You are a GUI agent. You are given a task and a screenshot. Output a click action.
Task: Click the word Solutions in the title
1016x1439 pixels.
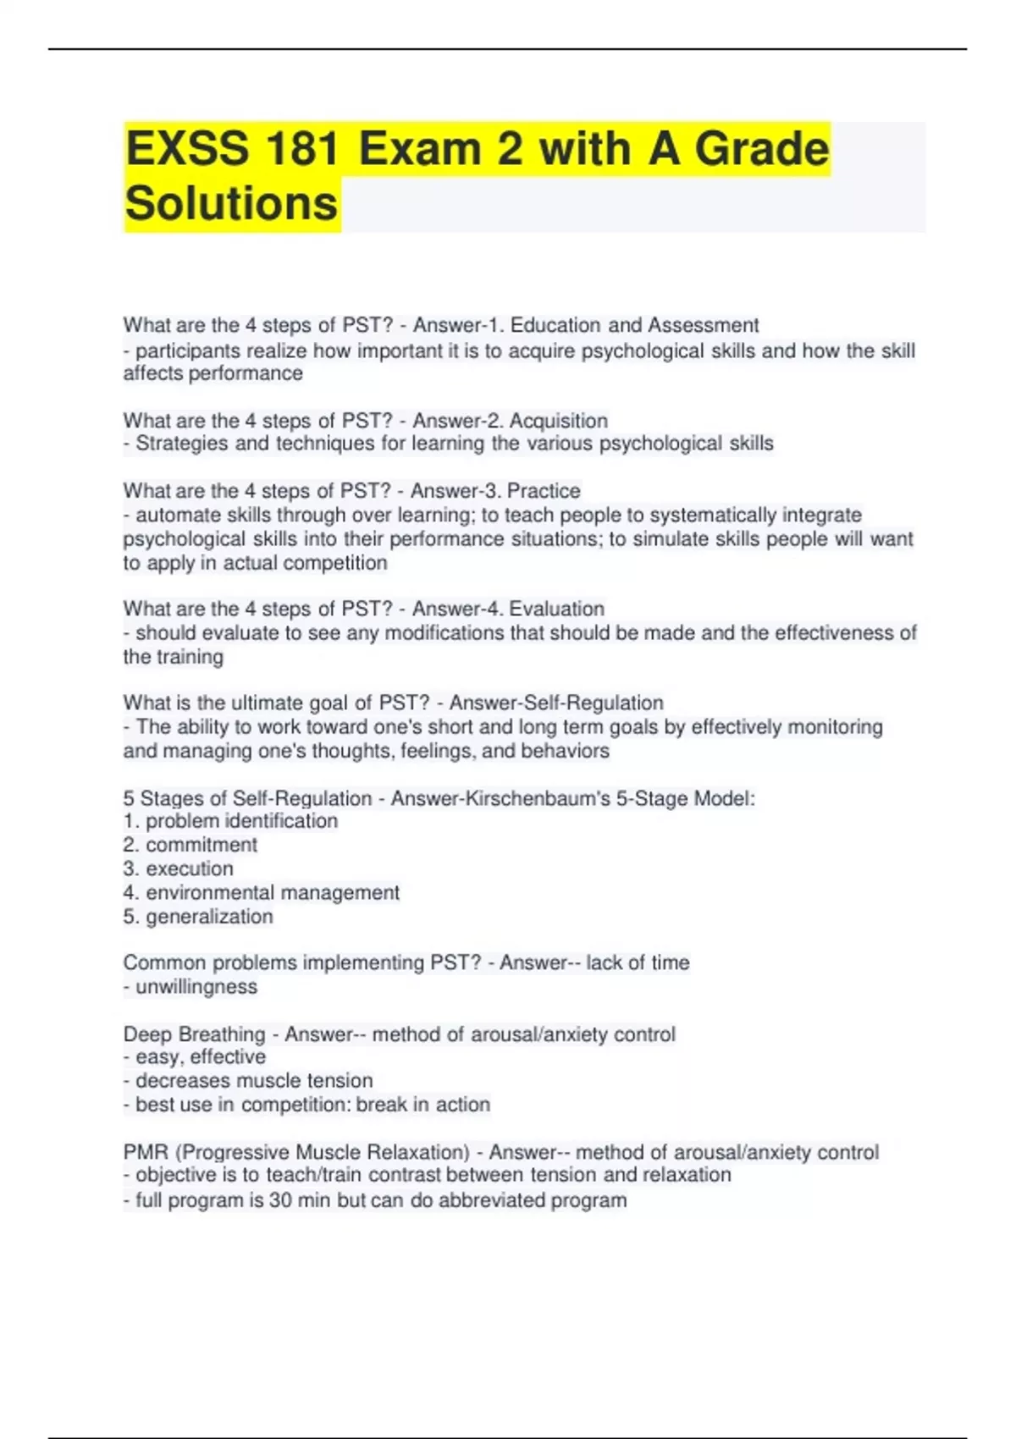pos(231,204)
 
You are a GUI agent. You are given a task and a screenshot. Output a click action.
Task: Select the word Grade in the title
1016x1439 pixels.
pos(762,149)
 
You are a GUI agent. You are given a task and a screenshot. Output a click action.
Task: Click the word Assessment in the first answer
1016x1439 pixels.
pos(703,326)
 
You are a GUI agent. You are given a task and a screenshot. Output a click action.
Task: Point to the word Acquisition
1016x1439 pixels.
pos(559,421)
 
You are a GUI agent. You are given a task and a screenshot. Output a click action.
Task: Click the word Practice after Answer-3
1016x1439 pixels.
pos(544,491)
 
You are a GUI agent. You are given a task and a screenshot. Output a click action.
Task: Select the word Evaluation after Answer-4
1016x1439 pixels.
pos(556,609)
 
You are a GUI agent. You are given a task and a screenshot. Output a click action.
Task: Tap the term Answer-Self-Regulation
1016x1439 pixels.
pos(556,703)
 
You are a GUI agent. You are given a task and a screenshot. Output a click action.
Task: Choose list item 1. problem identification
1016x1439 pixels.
pos(230,821)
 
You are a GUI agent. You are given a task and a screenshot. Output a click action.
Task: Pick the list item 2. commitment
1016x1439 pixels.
pos(190,845)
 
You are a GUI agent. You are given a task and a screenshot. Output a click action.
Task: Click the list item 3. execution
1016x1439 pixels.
pos(179,868)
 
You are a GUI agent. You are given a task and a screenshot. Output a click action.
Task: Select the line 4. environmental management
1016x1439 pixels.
pos(262,892)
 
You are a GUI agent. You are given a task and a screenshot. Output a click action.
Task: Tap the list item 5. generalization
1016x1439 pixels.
pos(198,916)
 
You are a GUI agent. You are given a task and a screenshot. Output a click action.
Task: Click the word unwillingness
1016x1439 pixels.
pos(196,987)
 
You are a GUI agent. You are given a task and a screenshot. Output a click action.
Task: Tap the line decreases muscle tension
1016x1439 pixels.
pos(254,1081)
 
